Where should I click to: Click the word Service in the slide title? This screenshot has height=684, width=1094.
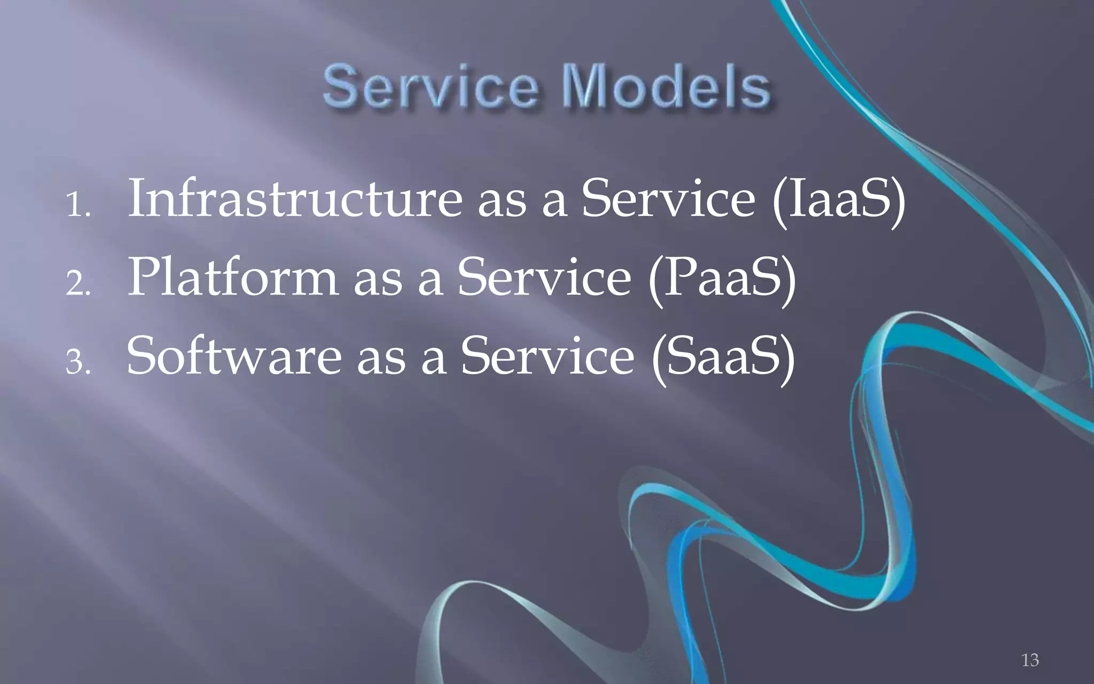tap(431, 87)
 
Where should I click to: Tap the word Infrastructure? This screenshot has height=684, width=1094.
tap(295, 199)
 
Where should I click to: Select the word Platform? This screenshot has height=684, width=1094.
tap(232, 277)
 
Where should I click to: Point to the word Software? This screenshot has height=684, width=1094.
tap(234, 356)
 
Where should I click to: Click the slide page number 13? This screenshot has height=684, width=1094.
tap(1030, 660)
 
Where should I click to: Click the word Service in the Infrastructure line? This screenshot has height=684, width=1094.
tap(668, 199)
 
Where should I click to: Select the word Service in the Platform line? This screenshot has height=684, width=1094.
tap(544, 277)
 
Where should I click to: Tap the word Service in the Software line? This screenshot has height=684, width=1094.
tap(548, 356)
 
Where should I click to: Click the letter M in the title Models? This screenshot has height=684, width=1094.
tap(586, 87)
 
